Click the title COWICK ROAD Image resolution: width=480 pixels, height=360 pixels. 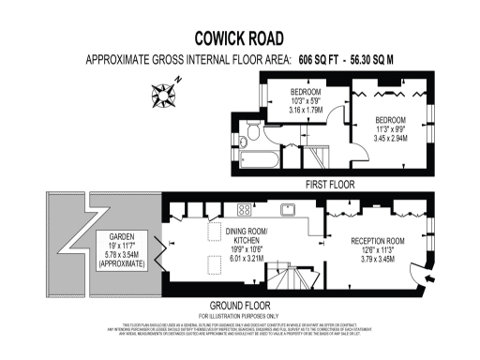[239, 38]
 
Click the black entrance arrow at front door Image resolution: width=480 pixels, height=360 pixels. [428, 278]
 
